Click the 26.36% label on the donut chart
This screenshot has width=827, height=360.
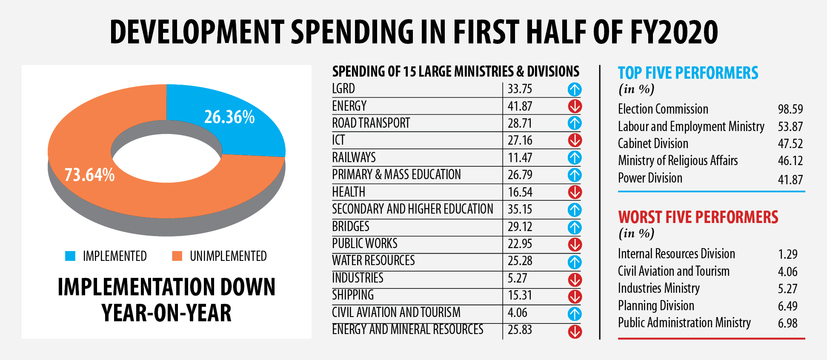pyautogui.click(x=229, y=117)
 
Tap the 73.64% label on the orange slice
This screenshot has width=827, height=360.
pyautogui.click(x=89, y=175)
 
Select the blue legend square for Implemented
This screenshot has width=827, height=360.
pyautogui.click(x=70, y=256)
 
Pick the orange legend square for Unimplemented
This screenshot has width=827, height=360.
pyautogui.click(x=177, y=256)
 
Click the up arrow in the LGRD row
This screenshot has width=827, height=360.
pyautogui.click(x=575, y=89)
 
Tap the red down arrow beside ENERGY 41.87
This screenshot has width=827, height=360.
pyautogui.click(x=575, y=106)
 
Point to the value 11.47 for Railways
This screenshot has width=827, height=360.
pyautogui.click(x=520, y=158)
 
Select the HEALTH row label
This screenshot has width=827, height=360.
pyautogui.click(x=349, y=192)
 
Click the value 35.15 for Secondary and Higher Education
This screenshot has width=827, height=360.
pyautogui.click(x=520, y=209)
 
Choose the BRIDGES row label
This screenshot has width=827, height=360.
pyautogui.click(x=351, y=226)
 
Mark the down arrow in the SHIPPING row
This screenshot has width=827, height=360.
pyautogui.click(x=575, y=296)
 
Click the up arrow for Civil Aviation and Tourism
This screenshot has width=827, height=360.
pyautogui.click(x=575, y=314)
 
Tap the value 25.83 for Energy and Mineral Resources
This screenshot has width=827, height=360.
pyautogui.click(x=520, y=330)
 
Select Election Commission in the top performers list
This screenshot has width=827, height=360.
pyautogui.click(x=663, y=109)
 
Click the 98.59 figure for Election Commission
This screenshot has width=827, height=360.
pyautogui.click(x=790, y=109)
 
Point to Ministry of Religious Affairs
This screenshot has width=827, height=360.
pyautogui.click(x=678, y=161)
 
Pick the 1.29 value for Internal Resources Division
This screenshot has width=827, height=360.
pyautogui.click(x=787, y=254)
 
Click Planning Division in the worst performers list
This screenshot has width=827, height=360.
pyautogui.click(x=656, y=306)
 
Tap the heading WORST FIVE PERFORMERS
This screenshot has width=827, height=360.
pyautogui.click(x=698, y=217)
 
